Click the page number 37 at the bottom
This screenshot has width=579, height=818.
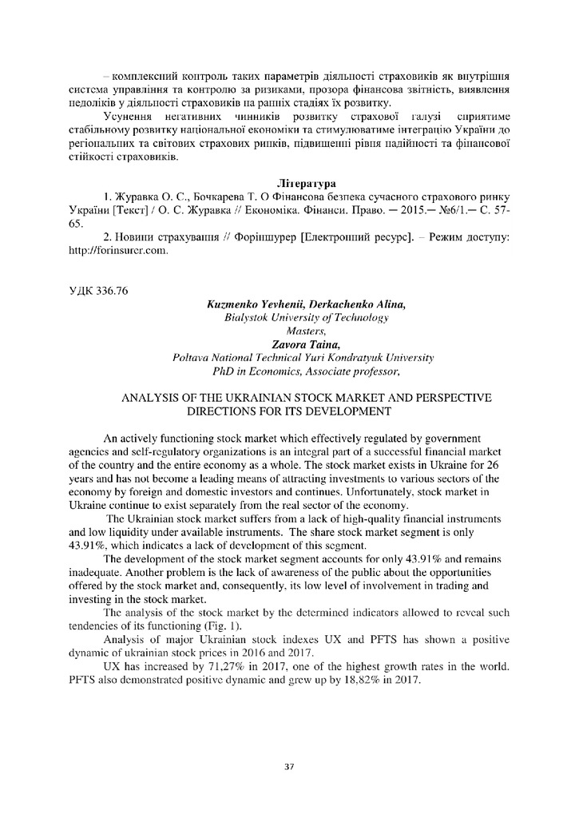(x=289, y=768)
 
